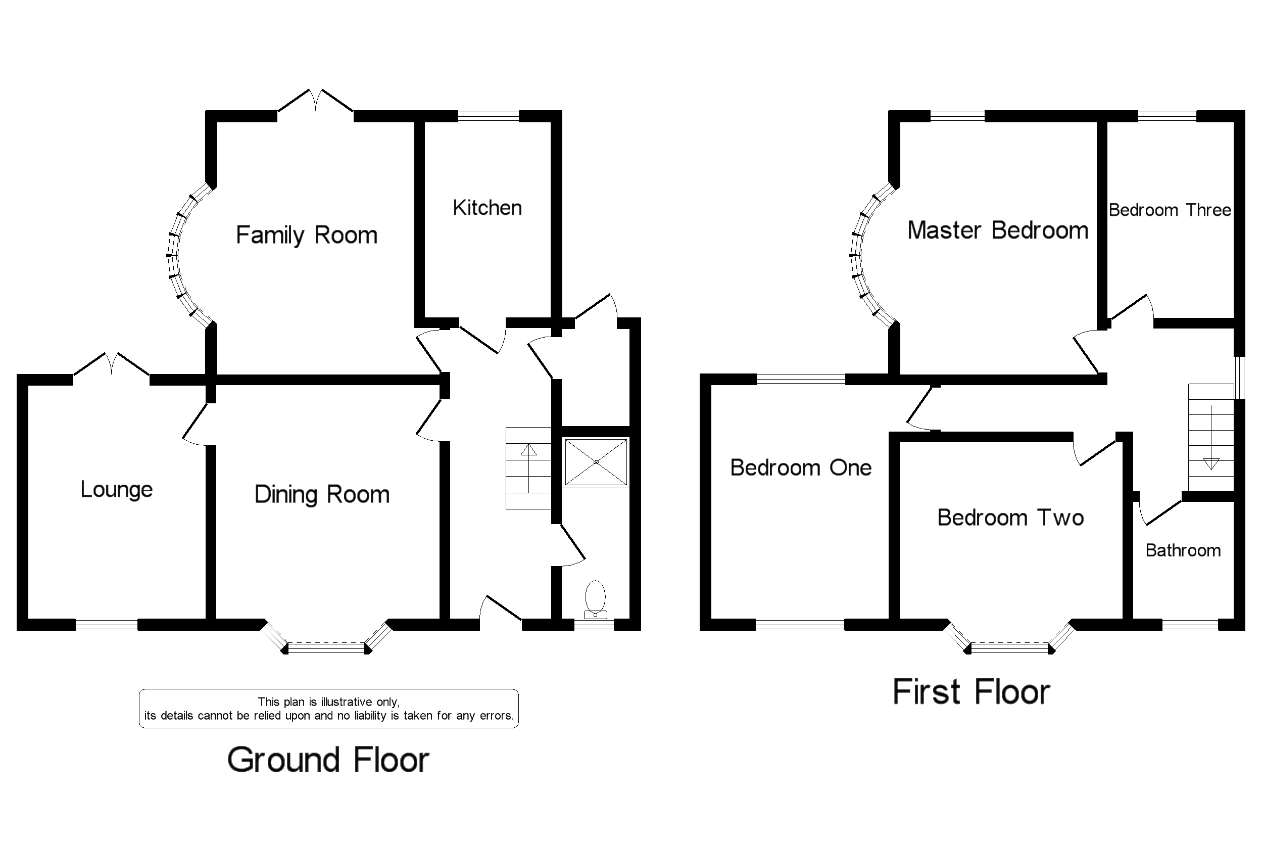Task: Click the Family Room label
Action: coord(307,236)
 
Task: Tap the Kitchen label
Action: coord(487,208)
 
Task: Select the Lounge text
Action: coord(117,489)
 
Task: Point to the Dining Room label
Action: coord(321,495)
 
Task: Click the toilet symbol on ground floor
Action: coord(595,598)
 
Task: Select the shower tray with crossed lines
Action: coord(596,462)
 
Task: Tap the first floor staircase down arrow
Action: coord(1211,463)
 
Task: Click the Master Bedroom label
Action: coord(997,230)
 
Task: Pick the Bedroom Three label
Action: coord(1170,210)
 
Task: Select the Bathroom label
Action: coord(1183,550)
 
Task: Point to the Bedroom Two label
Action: coord(1010,518)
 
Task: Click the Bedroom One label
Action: coord(800,467)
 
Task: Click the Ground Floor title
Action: coord(328,760)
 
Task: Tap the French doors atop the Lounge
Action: coord(111,364)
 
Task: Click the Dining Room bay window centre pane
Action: coord(326,647)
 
